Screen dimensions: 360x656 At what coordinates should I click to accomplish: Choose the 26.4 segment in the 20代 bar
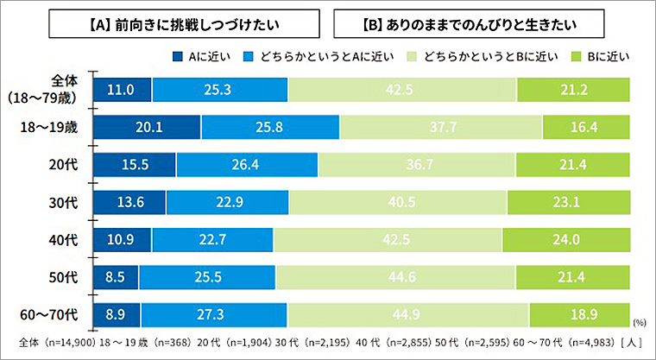pos(247,164)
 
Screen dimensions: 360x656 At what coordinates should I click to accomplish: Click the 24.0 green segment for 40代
pos(566,238)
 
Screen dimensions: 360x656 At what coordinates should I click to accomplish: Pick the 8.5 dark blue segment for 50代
pos(116,275)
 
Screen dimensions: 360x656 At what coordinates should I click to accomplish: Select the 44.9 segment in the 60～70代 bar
pos(408,313)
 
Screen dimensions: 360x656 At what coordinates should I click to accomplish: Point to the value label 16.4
pos(586,127)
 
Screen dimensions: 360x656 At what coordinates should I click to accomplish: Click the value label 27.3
pos(213,313)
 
